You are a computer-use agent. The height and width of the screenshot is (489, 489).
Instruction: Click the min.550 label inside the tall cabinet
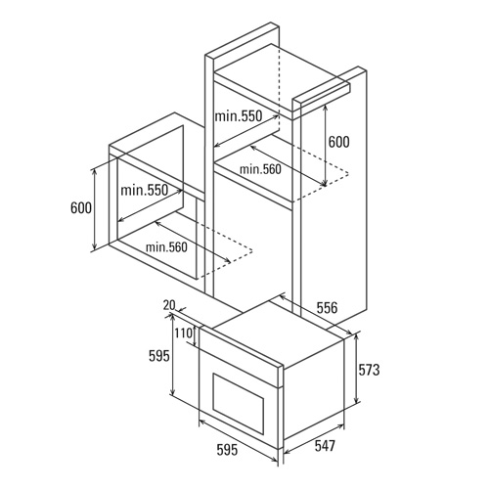click(239, 116)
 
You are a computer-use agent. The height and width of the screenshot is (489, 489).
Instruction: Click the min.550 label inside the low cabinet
click(145, 190)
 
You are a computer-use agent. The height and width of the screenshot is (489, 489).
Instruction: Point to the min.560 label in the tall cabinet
click(260, 169)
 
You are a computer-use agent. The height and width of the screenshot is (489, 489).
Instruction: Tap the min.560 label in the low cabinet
click(166, 247)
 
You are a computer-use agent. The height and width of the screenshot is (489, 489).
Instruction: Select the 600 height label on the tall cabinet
click(338, 142)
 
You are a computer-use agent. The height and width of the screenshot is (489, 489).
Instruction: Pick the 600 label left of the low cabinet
click(81, 207)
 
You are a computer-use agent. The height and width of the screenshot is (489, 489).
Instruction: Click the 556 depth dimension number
click(327, 308)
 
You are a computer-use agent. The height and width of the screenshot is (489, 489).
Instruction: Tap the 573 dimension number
click(369, 370)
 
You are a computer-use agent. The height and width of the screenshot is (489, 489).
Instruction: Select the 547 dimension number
click(325, 446)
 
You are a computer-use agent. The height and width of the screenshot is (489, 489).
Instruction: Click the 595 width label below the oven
click(228, 450)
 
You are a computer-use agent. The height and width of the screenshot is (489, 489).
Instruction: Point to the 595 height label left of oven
click(159, 356)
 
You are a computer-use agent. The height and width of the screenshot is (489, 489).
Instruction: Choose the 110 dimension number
click(183, 333)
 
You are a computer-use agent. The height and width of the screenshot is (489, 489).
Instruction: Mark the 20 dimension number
click(169, 305)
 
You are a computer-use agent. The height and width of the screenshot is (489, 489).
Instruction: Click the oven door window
click(239, 404)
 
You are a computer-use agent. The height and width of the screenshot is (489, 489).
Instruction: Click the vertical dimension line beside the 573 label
click(357, 369)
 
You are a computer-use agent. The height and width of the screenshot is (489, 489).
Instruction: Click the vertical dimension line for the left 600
click(94, 209)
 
